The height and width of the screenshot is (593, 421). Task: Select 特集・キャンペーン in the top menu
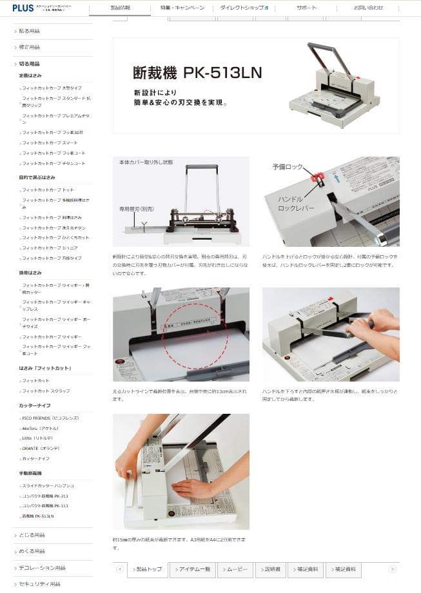coord(182,8)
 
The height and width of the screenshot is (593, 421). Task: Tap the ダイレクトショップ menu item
coord(244,8)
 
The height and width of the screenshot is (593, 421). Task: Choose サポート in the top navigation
coord(306,8)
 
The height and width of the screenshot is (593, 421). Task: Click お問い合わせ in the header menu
coord(368,8)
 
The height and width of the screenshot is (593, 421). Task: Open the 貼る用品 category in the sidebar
coord(29,31)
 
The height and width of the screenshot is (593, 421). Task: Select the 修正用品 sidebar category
coord(29,47)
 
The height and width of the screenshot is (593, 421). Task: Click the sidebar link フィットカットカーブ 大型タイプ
coord(52,87)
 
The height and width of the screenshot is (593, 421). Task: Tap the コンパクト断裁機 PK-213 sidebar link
coord(44,496)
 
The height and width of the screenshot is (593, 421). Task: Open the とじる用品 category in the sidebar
coord(31,535)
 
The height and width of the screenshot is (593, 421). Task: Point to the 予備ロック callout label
coord(287,166)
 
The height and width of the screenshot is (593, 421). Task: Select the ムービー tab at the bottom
coord(235,569)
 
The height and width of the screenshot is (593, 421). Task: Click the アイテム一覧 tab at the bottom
coord(192,569)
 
